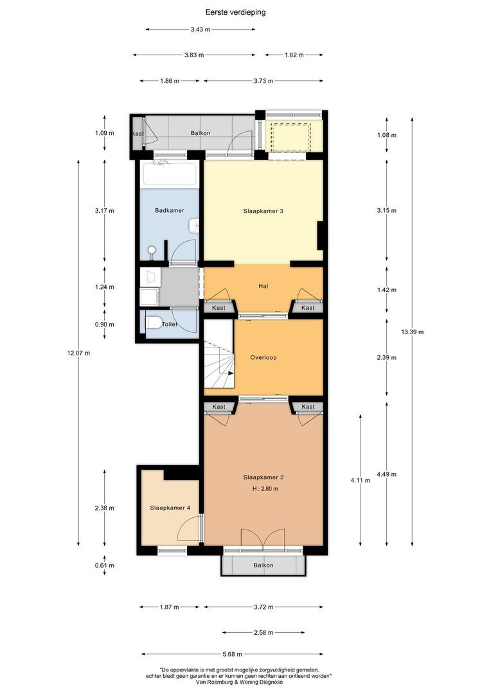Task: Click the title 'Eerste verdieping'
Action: click(235, 12)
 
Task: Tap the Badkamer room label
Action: click(170, 210)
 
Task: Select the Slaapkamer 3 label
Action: click(263, 211)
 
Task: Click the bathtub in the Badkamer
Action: click(169, 174)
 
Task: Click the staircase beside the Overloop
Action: click(219, 365)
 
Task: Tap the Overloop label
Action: click(263, 357)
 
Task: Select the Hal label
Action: click(263, 286)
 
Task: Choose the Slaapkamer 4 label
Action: click(170, 508)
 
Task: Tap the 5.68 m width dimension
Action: click(232, 654)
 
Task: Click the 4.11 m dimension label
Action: click(361, 480)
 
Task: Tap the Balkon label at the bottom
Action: click(263, 565)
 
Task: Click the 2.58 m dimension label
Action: click(263, 633)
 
